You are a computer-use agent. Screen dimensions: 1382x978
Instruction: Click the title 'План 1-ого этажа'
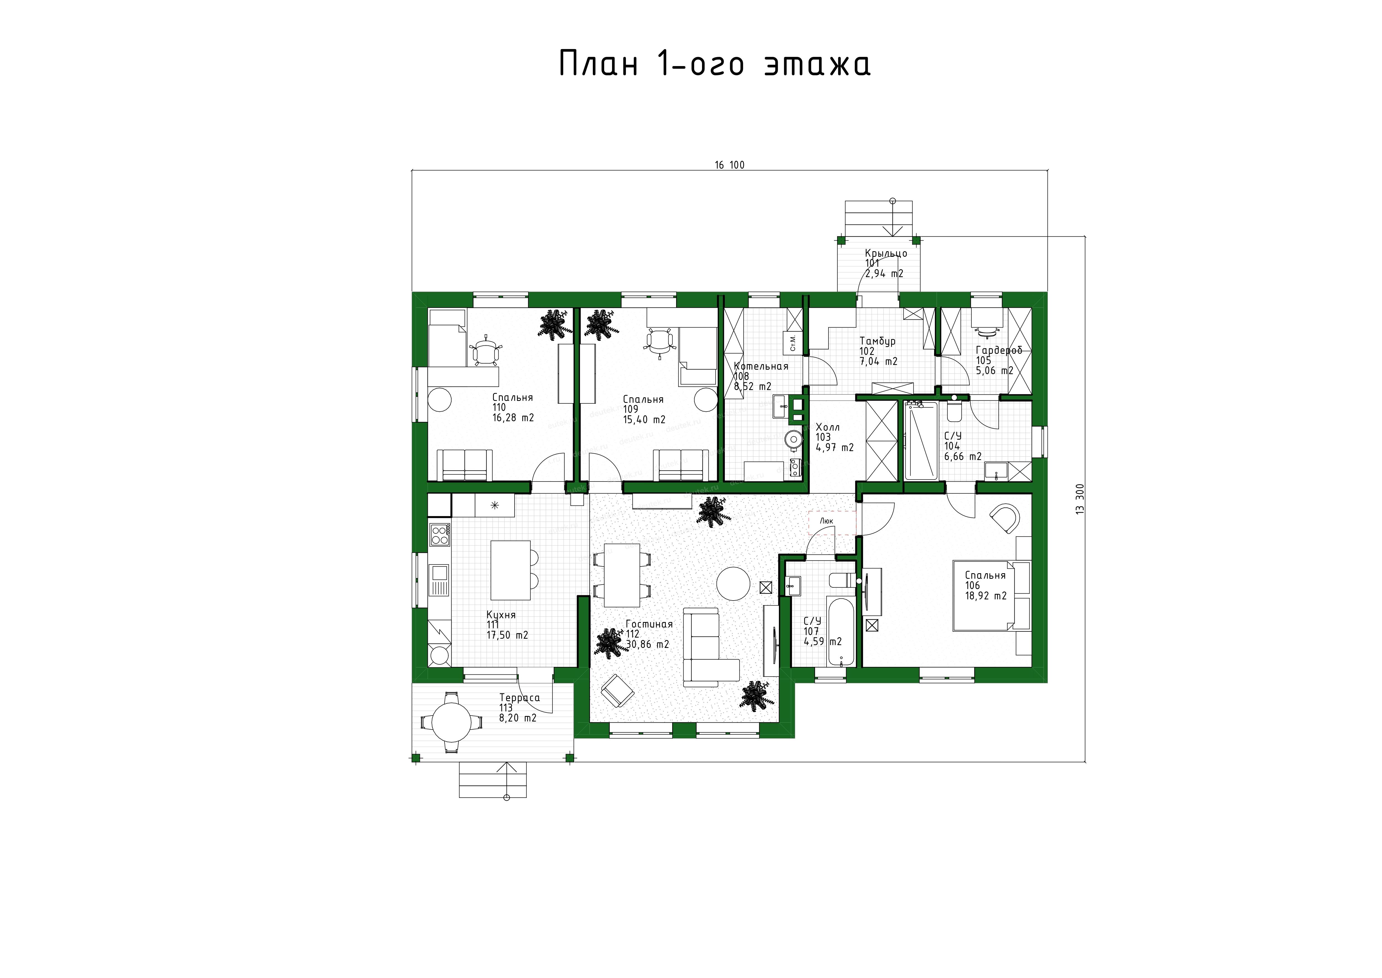click(x=715, y=64)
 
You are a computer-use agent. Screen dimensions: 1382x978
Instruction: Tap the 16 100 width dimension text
click(x=730, y=165)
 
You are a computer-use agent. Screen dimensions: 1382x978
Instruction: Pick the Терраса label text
click(x=520, y=698)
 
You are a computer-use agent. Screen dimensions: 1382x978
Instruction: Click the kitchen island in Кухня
click(x=511, y=570)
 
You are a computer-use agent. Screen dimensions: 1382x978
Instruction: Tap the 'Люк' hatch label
click(x=827, y=521)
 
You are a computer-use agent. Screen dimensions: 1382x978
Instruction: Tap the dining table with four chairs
click(x=622, y=575)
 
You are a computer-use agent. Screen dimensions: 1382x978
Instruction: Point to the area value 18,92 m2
click(x=986, y=596)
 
